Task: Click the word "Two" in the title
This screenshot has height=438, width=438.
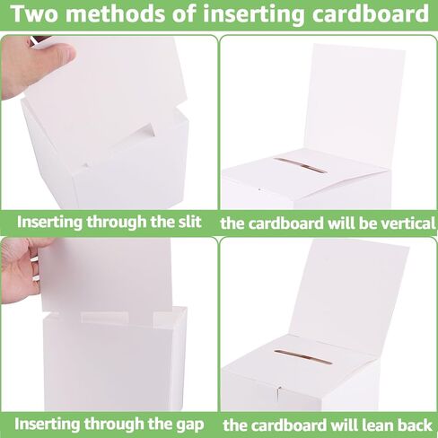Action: click(35, 13)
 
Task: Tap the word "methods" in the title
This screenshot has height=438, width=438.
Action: click(116, 13)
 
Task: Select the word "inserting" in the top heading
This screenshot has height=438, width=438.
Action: click(253, 15)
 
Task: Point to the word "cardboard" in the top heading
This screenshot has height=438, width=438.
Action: click(371, 13)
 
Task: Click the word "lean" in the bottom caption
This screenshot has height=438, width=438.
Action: click(377, 425)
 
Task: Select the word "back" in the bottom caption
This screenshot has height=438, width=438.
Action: click(415, 425)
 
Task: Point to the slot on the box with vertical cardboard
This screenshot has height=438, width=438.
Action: click(301, 165)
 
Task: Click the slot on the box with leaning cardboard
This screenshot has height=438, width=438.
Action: click(302, 356)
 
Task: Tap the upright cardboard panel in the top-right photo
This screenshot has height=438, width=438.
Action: click(356, 101)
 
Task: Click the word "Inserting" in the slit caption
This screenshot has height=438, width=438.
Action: click(49, 223)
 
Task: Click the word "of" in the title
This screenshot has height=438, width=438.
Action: click(184, 13)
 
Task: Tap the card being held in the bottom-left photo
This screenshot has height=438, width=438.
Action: click(106, 276)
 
